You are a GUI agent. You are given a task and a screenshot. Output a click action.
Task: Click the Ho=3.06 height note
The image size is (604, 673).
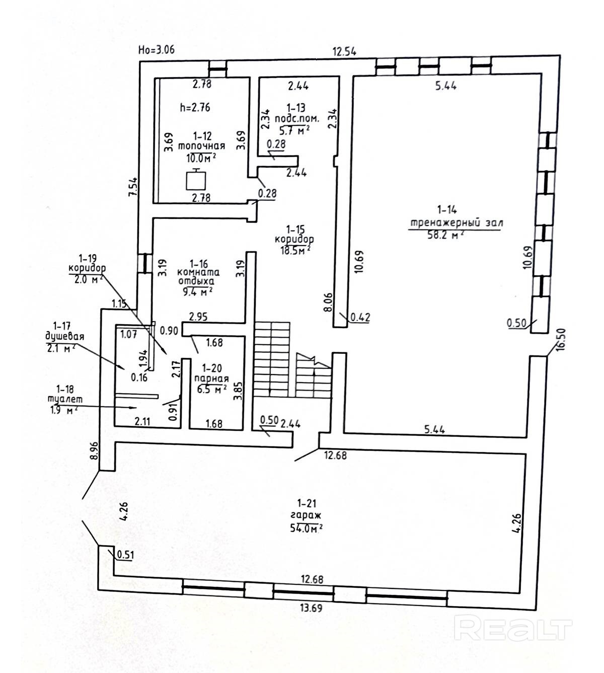[x=156, y=49]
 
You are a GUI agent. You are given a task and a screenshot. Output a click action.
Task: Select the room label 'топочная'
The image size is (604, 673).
[x=201, y=146]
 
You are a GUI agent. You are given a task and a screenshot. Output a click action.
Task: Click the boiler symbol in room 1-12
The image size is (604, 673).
[x=196, y=179]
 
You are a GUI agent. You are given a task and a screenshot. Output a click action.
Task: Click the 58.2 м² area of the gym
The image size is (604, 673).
[x=445, y=235]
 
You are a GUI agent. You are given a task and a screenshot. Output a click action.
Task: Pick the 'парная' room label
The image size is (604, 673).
[x=212, y=379]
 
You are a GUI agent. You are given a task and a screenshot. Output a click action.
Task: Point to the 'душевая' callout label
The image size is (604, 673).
[x=64, y=336]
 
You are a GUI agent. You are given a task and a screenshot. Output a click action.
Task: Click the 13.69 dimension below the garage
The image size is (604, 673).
[x=311, y=608]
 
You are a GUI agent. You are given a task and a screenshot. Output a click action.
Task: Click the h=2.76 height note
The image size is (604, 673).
[x=195, y=107]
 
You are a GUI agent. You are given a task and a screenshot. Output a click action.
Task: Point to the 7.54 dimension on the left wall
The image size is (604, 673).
[x=133, y=188]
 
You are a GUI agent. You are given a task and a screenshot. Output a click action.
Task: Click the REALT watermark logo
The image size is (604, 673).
[x=512, y=629]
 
